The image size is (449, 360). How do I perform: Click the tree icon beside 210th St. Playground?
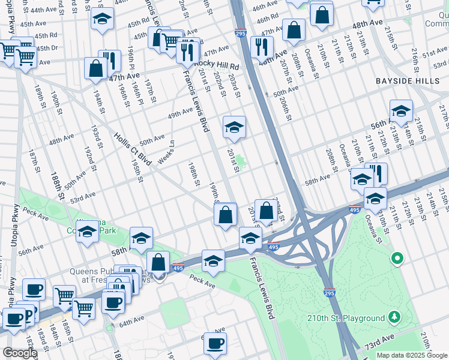[394, 316]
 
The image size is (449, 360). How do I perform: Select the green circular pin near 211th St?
[396, 259]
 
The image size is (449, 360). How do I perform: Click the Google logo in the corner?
[20, 353]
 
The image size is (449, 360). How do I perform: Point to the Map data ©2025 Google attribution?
[412, 355]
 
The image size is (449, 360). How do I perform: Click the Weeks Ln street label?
[166, 152]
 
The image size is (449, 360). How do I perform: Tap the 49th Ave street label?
[181, 114]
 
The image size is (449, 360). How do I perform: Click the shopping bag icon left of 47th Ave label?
[96, 70]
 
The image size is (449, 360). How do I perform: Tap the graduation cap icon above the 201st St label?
[234, 127]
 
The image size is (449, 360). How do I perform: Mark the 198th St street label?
[193, 174]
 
